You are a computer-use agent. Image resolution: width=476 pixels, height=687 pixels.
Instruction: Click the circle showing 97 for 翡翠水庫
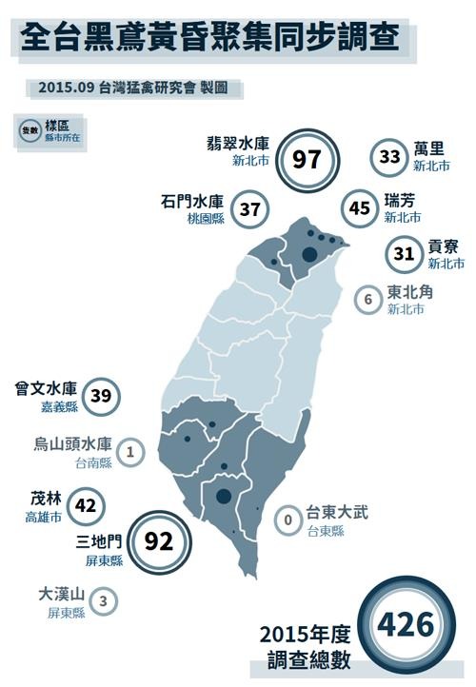coord(307,159)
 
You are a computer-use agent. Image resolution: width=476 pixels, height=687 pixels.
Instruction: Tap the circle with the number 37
coord(249,208)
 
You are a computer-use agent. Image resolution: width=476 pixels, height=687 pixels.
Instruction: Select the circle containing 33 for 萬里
coord(389,158)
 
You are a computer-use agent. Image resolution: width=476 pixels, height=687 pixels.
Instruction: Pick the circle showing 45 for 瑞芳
coord(360,208)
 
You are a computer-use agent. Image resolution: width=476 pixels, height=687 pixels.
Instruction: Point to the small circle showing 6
coord(367,299)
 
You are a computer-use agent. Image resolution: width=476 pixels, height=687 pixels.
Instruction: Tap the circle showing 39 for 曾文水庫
coord(100,396)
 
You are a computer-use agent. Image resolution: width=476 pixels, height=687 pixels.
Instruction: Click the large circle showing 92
coord(157,542)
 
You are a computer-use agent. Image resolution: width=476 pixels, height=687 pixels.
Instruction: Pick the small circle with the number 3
coord(103,600)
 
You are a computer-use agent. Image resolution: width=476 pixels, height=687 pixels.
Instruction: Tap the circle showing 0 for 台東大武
coord(287,520)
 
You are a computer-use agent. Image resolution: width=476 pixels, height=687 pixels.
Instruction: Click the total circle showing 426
coord(406,625)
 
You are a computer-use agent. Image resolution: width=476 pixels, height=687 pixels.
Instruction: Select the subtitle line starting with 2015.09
coord(134,88)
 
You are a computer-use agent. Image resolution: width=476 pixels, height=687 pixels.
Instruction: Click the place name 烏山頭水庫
coord(73,444)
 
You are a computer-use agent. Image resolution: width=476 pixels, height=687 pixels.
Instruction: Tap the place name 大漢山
coord(61,595)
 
